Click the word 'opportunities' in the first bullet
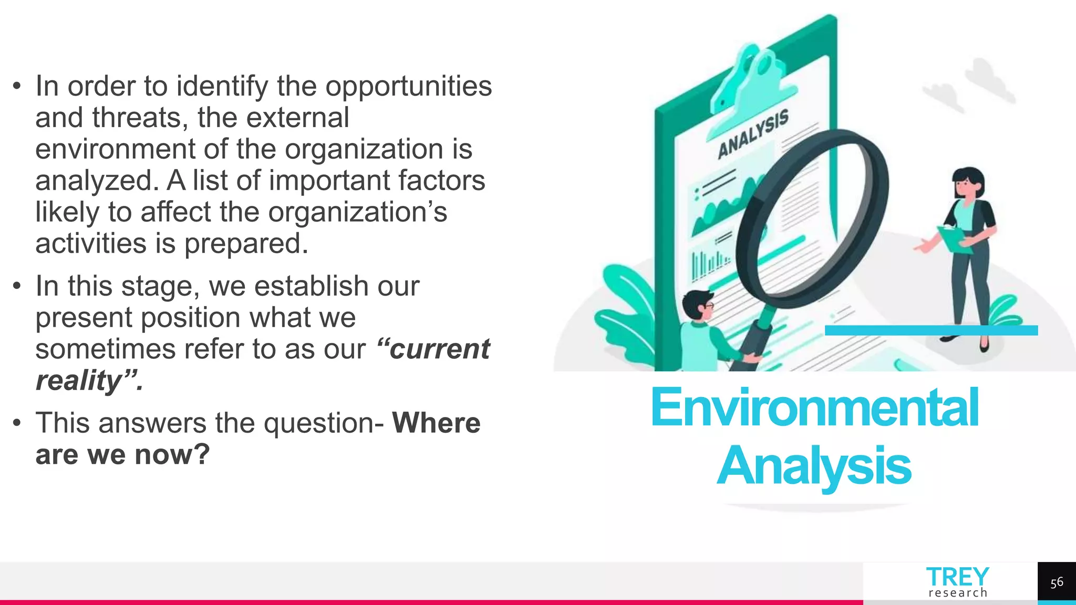pos(408,87)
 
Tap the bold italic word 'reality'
pos(79,381)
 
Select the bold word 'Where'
pos(436,423)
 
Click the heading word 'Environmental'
pos(814,408)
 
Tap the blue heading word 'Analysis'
pos(814,466)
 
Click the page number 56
pos(1057,582)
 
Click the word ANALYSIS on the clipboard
pos(753,133)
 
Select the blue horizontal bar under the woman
pos(931,330)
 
